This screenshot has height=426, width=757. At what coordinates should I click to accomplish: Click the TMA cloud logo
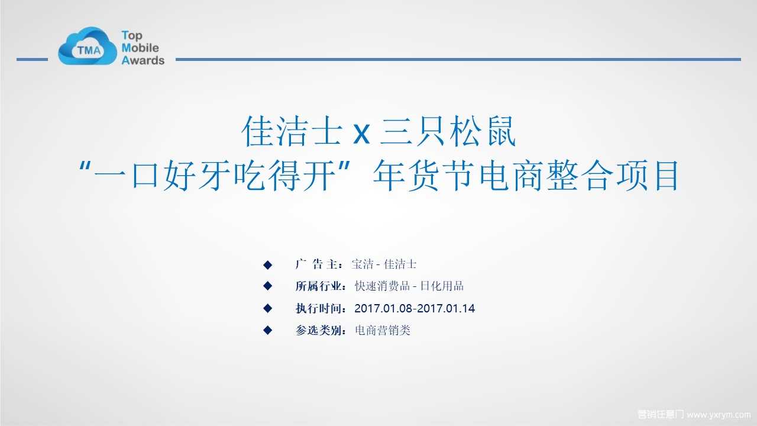click(x=87, y=46)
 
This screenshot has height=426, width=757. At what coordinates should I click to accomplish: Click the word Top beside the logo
click(x=132, y=35)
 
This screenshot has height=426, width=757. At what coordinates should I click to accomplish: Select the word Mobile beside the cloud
click(x=140, y=48)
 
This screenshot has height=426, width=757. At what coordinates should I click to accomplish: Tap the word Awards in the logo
click(x=143, y=60)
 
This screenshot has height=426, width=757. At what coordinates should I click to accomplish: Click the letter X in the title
click(x=361, y=134)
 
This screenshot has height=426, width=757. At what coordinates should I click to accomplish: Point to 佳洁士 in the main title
click(x=292, y=131)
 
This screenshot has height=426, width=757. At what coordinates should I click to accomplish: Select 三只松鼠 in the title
click(x=448, y=131)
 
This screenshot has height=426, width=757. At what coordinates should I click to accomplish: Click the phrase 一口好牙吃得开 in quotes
click(x=215, y=176)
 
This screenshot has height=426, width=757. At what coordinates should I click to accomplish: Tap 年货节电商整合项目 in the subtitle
click(x=526, y=176)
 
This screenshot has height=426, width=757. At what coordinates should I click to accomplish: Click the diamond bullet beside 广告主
click(x=268, y=264)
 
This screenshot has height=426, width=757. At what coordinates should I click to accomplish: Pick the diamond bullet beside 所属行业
click(x=268, y=286)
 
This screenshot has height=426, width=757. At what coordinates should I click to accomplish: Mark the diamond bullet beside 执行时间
click(x=268, y=308)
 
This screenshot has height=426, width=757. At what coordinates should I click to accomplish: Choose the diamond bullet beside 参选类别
click(x=268, y=330)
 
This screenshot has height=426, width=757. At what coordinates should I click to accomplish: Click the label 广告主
click(x=316, y=264)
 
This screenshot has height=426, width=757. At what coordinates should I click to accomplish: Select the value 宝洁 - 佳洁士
click(x=384, y=264)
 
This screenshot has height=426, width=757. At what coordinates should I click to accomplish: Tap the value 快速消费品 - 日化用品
click(x=409, y=286)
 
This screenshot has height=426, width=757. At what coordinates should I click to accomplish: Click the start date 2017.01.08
click(x=384, y=308)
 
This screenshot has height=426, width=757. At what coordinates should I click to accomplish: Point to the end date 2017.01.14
click(x=446, y=308)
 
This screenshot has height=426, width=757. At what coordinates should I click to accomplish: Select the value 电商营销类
click(x=383, y=330)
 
